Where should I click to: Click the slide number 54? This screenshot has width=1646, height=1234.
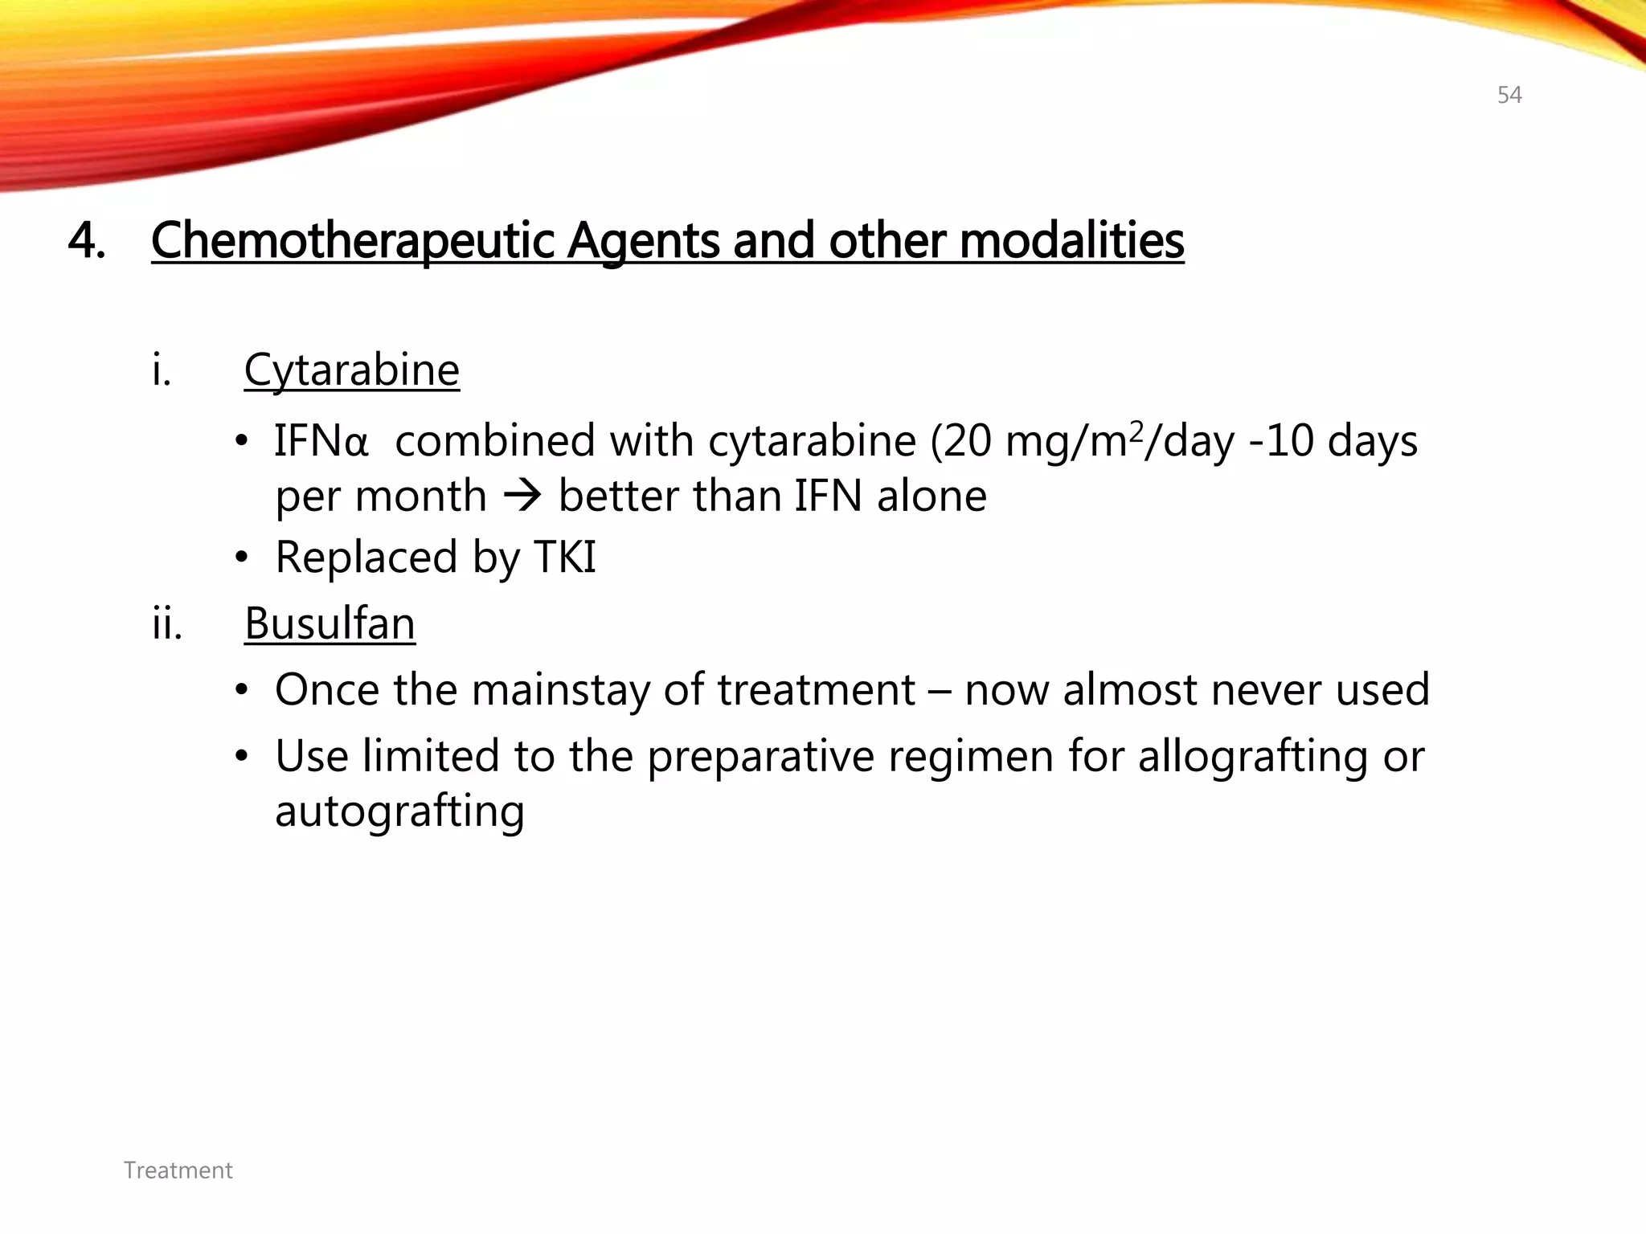(1509, 96)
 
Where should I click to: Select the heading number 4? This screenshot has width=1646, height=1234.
(87, 240)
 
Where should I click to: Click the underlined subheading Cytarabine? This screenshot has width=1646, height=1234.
(351, 370)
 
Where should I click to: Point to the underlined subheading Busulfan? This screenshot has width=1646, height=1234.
(330, 623)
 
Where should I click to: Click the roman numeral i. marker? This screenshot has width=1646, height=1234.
(162, 370)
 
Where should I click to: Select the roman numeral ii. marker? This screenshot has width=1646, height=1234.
(167, 623)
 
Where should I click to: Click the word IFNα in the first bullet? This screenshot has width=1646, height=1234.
(321, 441)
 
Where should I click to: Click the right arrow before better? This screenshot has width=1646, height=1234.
(522, 496)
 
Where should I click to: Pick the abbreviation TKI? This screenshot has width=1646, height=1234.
(565, 557)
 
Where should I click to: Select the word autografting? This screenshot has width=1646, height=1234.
(399, 811)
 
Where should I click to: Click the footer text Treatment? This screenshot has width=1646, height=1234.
(178, 1171)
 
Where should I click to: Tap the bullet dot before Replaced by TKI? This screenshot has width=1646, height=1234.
(241, 558)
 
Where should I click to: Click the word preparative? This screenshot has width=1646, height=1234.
(760, 757)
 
